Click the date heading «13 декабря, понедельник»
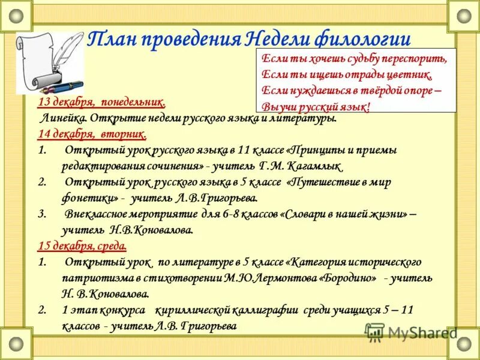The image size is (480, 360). point(101,103)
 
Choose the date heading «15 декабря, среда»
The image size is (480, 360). point(82,246)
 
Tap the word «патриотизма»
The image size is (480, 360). point(92,278)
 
